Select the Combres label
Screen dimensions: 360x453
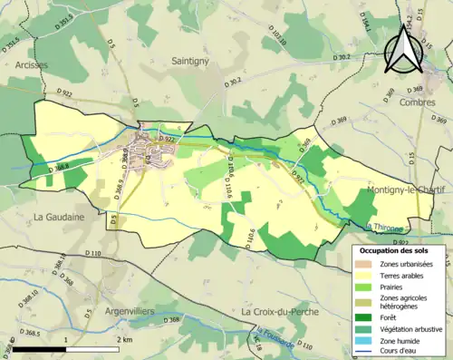coord(417,103)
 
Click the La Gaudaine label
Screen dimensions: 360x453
coord(59,217)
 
